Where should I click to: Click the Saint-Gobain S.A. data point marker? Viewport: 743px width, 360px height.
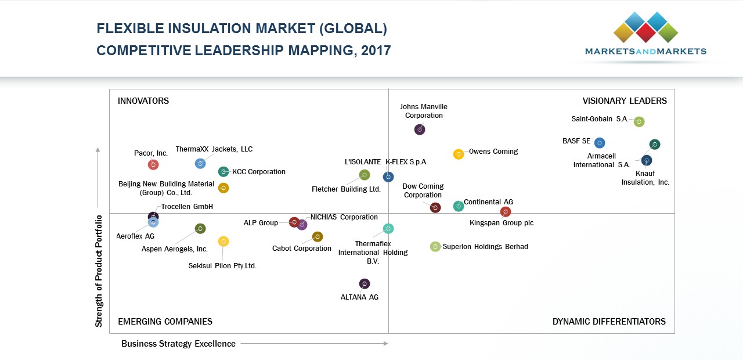click(639, 121)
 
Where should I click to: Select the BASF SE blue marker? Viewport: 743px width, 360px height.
click(600, 143)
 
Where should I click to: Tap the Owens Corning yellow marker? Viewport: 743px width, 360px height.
click(459, 154)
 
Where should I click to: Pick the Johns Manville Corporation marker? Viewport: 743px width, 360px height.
click(420, 129)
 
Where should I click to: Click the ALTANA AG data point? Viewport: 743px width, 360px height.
click(364, 284)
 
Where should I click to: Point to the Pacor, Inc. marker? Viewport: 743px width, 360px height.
click(153, 165)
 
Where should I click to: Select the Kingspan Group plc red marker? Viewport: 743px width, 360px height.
click(506, 212)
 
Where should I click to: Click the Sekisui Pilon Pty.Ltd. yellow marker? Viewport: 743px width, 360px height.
click(223, 241)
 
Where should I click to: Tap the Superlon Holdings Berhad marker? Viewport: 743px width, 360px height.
click(435, 247)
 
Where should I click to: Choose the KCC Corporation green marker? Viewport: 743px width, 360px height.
click(223, 172)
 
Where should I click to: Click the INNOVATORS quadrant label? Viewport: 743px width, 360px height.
click(143, 101)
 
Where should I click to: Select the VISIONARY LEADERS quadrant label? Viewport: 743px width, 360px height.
click(625, 101)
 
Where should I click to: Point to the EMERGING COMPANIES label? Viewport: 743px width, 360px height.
click(165, 322)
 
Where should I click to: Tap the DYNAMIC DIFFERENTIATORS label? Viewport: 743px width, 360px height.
click(609, 322)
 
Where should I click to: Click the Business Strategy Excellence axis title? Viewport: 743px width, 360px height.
click(178, 344)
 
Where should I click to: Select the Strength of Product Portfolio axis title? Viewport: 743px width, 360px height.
click(99, 271)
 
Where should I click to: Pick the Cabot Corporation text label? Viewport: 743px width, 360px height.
click(302, 249)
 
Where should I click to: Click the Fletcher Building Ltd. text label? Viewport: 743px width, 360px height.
click(346, 189)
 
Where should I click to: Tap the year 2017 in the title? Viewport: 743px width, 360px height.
click(376, 51)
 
